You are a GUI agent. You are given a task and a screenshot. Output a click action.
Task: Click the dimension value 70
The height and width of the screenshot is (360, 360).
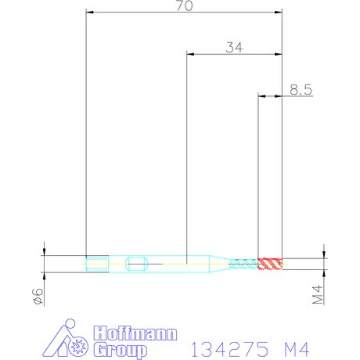point(184,5)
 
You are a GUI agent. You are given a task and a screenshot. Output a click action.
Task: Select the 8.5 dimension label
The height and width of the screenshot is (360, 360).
point(301,90)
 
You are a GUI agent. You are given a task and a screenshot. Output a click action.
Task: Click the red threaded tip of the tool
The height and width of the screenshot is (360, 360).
point(271,262)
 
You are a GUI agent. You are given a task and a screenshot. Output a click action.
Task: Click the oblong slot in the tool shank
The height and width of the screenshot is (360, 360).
point(136,262)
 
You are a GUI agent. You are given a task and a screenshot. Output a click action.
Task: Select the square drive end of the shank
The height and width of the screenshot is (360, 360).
point(95,262)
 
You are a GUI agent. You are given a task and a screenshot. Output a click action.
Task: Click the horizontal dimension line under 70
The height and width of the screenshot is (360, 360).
point(184,13)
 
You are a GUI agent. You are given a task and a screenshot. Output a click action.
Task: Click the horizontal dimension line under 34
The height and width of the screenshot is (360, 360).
point(234,54)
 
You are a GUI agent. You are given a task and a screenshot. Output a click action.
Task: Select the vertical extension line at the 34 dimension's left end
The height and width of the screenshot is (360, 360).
point(186,157)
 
